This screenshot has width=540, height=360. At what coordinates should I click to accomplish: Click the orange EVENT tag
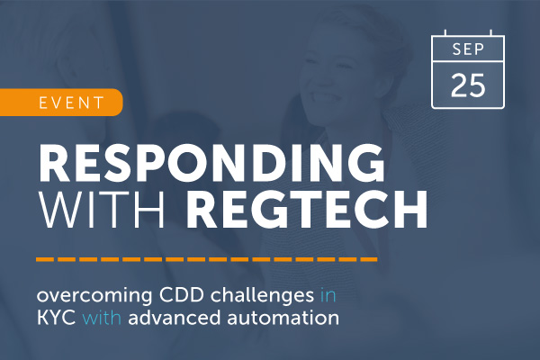(x=61, y=103)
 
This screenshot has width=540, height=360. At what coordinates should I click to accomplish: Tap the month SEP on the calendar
(x=468, y=49)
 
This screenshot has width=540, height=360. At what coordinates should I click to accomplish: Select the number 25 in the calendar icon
(x=468, y=85)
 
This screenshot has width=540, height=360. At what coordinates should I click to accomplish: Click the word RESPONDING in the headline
(x=211, y=163)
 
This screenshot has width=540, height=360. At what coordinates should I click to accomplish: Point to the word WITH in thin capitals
(x=102, y=210)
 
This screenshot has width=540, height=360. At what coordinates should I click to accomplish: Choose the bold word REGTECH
(x=307, y=210)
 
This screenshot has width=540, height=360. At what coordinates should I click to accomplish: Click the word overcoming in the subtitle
(x=94, y=296)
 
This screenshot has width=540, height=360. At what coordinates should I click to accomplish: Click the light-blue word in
(x=328, y=295)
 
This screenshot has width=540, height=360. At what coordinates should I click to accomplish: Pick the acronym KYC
(x=57, y=318)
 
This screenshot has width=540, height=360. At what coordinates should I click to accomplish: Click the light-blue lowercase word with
(x=102, y=317)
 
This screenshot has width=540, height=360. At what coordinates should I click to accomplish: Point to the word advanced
(x=175, y=317)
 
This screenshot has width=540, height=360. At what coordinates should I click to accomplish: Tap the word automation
(x=283, y=318)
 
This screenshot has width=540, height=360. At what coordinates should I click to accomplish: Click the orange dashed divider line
(x=207, y=259)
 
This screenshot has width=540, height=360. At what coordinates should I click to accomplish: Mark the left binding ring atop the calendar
(x=445, y=32)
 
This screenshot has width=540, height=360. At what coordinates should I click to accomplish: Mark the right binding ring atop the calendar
(x=490, y=32)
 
